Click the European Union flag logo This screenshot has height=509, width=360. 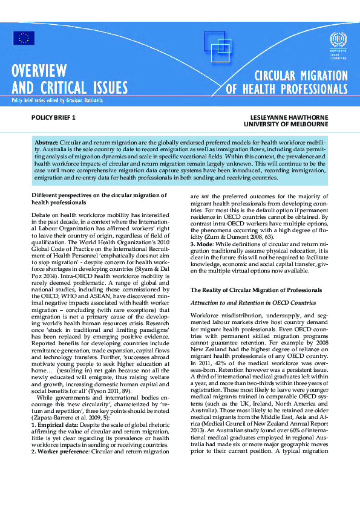click(24, 38)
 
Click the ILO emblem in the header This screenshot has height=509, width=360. click(336, 41)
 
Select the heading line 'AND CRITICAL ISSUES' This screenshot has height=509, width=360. click(70, 88)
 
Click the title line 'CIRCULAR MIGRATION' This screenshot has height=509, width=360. click(301, 76)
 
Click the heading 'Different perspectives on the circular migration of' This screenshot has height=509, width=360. click(99, 195)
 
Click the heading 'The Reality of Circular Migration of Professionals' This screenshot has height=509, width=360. click(257, 291)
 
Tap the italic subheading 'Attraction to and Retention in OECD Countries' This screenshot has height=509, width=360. click(253, 302)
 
